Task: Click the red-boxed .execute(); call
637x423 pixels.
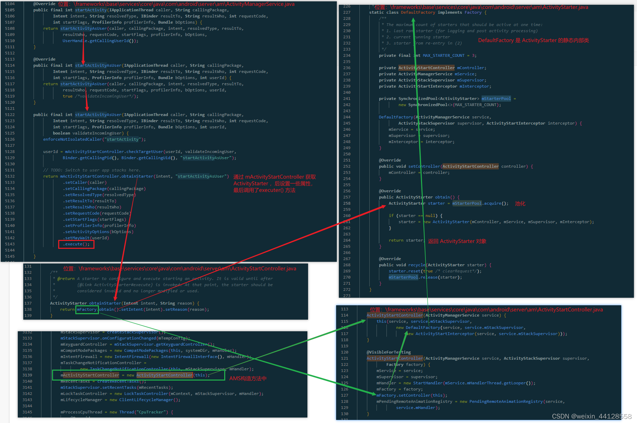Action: (76, 244)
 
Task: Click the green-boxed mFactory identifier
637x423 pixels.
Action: (87, 309)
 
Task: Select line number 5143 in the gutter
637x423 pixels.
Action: (10, 244)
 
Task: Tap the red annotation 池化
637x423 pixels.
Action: (520, 204)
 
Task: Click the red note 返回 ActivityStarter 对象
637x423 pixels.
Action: (457, 241)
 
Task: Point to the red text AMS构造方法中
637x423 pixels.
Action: (247, 378)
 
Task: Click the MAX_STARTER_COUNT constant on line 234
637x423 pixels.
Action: (444, 55)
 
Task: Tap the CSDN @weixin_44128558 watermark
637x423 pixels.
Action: (591, 416)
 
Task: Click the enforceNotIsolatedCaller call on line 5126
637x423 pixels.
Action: (73, 139)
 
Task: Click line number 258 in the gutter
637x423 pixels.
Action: (347, 203)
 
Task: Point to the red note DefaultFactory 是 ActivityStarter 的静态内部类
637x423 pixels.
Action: (533, 40)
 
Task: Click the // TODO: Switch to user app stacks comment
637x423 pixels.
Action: (92, 170)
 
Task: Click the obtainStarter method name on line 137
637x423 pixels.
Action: (105, 303)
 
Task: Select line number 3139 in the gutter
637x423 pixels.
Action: (27, 375)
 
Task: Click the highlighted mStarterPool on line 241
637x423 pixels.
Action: (496, 99)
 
